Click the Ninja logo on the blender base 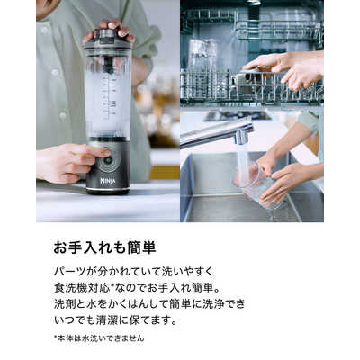click(x=108, y=181)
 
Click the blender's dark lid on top click(x=107, y=40)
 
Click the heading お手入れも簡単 click(x=104, y=248)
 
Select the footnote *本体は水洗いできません click(x=99, y=338)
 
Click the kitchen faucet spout click(x=217, y=132)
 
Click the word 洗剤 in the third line click(x=65, y=304)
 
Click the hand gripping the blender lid click(x=110, y=30)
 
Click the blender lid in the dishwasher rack click(x=247, y=76)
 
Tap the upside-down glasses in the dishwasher click(x=202, y=56)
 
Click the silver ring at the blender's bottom click(x=108, y=189)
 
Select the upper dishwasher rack click(x=252, y=25)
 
